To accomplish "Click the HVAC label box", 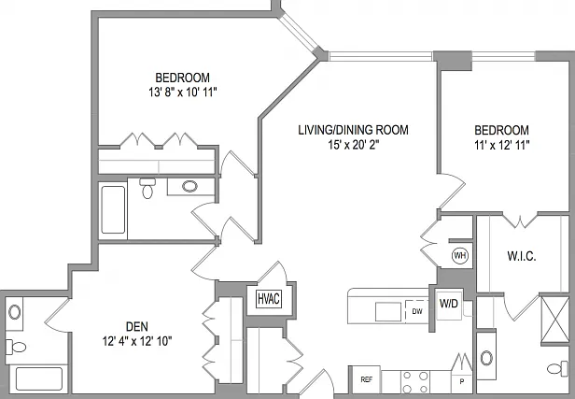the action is click(x=269, y=298).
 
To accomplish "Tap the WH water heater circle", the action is click(x=460, y=255).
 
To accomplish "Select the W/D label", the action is click(x=449, y=303).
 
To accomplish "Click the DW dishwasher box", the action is click(x=417, y=311).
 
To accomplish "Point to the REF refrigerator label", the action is click(x=367, y=379).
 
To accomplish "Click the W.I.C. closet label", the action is click(x=522, y=256).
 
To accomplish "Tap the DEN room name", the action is click(x=137, y=326).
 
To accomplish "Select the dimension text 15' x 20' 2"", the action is click(x=353, y=145).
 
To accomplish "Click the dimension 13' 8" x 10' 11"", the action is click(x=183, y=93).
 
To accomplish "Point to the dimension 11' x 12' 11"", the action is click(x=502, y=146).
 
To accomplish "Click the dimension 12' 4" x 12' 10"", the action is click(x=137, y=341).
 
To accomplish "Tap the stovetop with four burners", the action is click(x=415, y=382).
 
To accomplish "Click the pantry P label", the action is click(x=462, y=382).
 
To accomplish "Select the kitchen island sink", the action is click(x=388, y=312).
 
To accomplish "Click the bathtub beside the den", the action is click(x=39, y=378).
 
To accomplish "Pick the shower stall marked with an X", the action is click(x=554, y=320).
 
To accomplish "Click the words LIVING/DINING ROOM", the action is click(x=353, y=130).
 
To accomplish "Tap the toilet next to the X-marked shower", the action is click(x=558, y=368).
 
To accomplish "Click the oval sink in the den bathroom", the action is click(x=15, y=312).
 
